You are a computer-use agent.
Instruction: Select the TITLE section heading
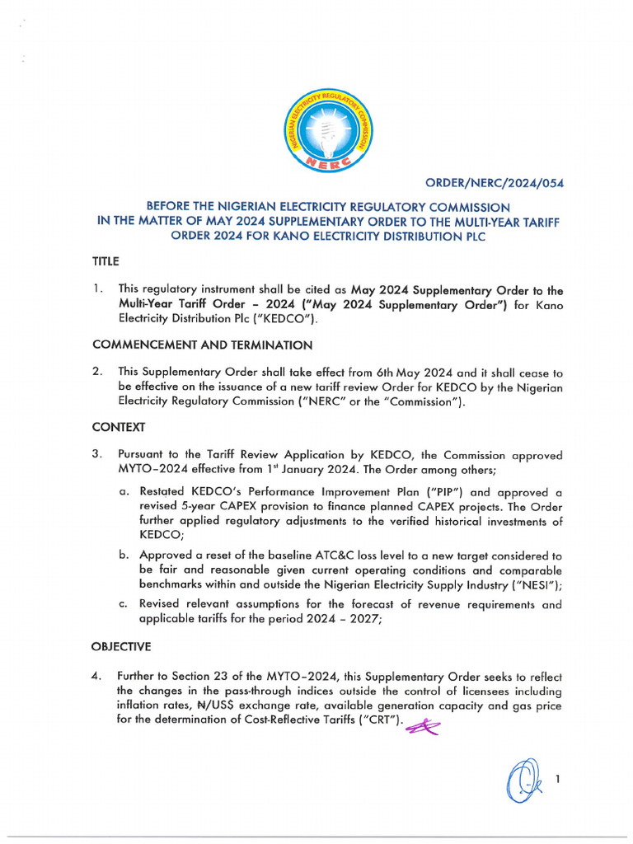point(105,261)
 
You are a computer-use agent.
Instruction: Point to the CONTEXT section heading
point(119,427)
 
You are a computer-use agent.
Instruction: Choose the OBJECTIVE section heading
point(122,646)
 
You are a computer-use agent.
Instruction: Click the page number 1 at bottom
point(557,777)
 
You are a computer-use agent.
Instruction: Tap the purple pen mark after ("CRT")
point(421,724)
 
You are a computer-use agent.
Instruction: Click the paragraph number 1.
point(97,289)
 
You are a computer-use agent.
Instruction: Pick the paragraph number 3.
point(97,454)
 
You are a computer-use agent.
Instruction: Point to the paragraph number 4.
point(96,676)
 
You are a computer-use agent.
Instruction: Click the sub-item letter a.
point(123,491)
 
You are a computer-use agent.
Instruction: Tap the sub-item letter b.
point(124,556)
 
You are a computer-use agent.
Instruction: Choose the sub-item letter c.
point(123,604)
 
